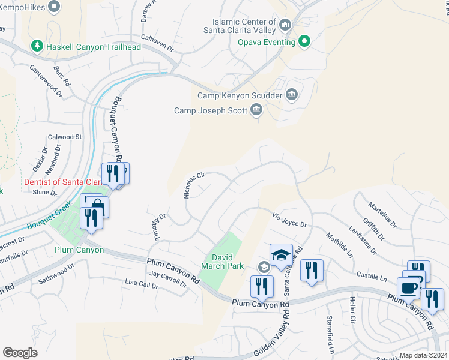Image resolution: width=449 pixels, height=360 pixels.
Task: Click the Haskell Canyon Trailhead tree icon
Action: click(37, 47)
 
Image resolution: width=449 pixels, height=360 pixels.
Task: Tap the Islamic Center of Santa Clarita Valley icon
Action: click(285, 26)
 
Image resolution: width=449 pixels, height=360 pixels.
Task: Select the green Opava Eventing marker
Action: click(304, 42)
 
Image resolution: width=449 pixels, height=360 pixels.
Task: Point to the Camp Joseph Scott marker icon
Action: click(256, 110)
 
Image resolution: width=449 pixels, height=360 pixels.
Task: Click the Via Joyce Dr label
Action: click(289, 220)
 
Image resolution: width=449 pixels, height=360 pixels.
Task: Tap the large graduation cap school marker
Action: click(281, 255)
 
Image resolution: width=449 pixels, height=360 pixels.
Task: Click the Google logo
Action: click(20, 353)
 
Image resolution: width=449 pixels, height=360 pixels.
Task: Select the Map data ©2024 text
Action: click(423, 355)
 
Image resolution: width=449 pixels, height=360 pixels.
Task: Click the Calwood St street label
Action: click(65, 137)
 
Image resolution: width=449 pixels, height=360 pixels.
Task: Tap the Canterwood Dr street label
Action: click(46, 80)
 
